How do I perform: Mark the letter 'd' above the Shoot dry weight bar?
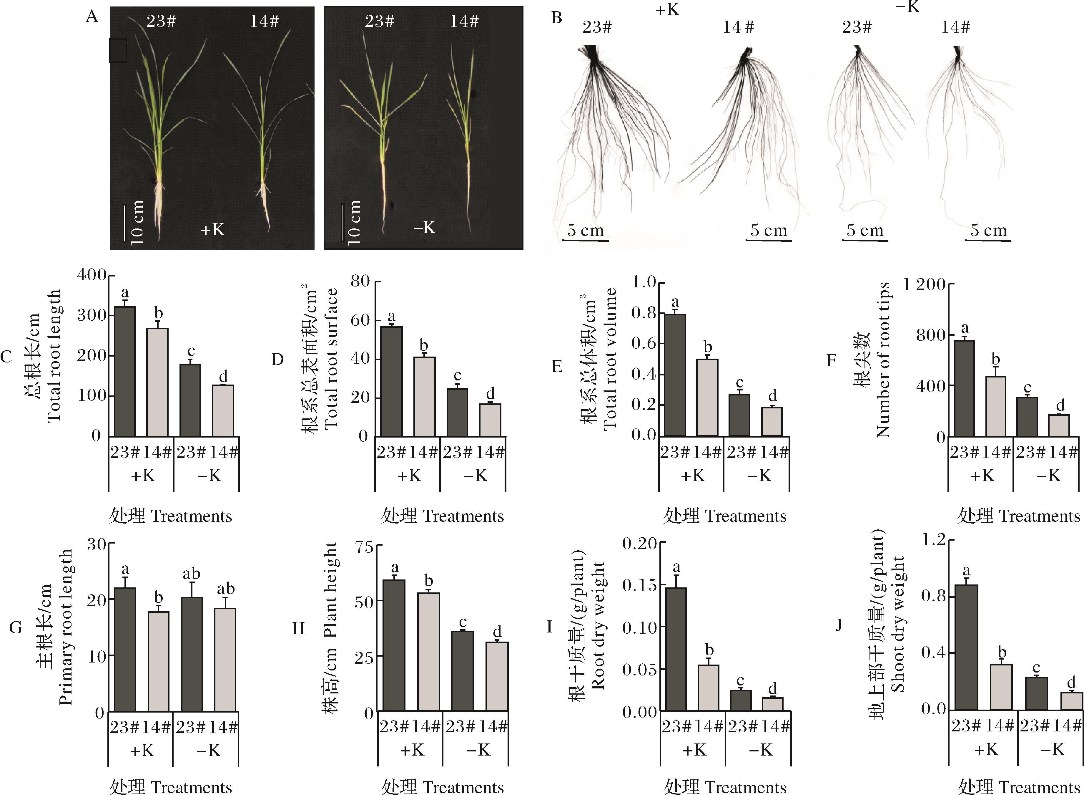[x=1071, y=683]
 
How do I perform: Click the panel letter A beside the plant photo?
[x=92, y=17]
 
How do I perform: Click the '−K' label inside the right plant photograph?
[x=424, y=227]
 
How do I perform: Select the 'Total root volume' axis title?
[x=610, y=359]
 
